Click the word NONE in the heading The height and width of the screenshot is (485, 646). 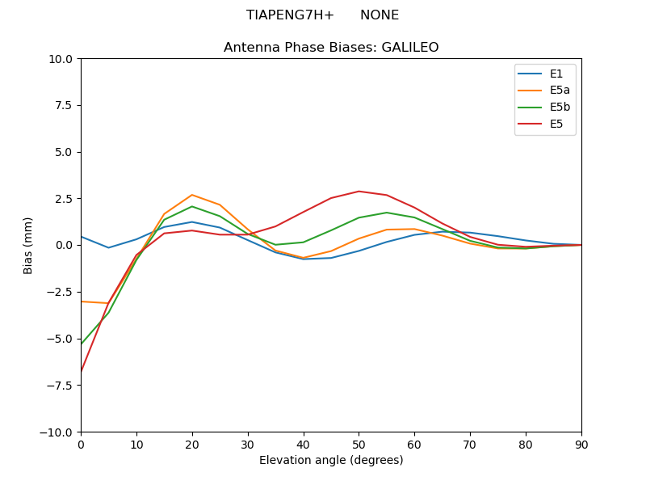[380, 15]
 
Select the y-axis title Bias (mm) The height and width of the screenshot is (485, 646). [28, 245]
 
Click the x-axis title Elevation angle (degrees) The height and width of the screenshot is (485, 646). [331, 461]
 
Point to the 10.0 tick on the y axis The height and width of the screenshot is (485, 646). [61, 59]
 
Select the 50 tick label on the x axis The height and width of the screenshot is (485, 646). [359, 444]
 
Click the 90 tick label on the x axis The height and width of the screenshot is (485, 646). [581, 444]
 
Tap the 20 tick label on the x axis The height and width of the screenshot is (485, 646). [192, 444]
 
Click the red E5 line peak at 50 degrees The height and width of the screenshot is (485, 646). [359, 192]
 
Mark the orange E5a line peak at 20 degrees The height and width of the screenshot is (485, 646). [192, 195]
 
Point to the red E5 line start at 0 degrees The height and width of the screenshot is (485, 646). [82, 371]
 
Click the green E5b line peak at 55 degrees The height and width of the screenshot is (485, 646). [387, 213]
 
